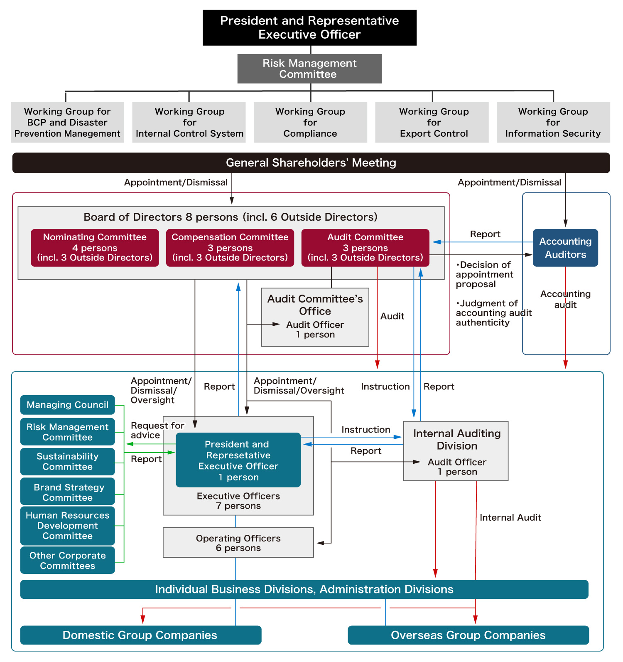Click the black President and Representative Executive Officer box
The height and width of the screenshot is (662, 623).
[x=309, y=27]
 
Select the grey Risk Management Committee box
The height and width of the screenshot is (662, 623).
[x=309, y=69]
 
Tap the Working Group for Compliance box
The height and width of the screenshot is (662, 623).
[x=310, y=122]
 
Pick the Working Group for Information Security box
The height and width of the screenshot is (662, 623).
[x=553, y=122]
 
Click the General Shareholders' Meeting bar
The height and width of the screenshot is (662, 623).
[x=311, y=162]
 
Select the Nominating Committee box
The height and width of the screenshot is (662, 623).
[x=95, y=248]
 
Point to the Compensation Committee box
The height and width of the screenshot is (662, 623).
[x=230, y=248]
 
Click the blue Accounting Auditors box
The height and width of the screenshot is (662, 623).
[x=565, y=248]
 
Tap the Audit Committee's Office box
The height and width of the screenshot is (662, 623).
[x=315, y=317]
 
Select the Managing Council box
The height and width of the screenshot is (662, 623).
[x=67, y=405]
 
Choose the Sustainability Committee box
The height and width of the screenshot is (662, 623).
[x=67, y=461]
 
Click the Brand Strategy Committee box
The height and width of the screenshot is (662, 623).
[x=67, y=492]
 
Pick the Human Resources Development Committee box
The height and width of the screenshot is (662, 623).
[x=67, y=525]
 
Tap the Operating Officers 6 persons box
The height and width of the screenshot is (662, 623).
[x=238, y=542]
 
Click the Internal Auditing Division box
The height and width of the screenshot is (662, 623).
[x=456, y=451]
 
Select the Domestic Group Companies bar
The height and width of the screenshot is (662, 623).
[x=140, y=635]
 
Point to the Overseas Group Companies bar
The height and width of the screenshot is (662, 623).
[x=468, y=635]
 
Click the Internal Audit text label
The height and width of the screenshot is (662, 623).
[x=510, y=517]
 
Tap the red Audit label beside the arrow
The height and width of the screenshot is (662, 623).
[x=392, y=316]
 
